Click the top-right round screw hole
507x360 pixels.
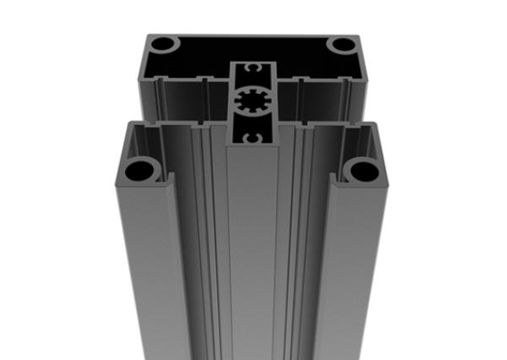pyautogui.click(x=342, y=44)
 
